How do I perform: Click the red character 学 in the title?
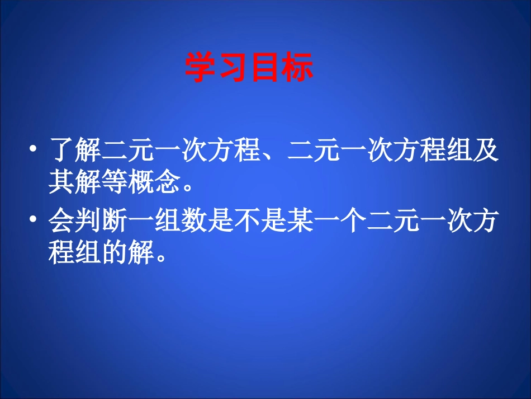click(201, 68)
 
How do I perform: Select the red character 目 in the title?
click(265, 68)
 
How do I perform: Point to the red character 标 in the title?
click(297, 68)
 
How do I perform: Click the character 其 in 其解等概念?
click(61, 182)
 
